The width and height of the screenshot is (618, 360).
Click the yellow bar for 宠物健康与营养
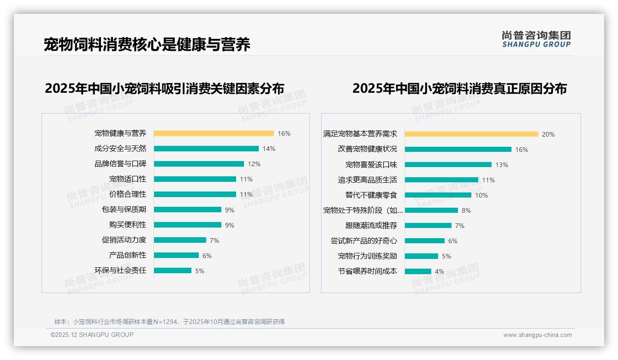(x=214, y=133)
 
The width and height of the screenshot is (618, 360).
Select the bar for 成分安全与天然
(x=206, y=149)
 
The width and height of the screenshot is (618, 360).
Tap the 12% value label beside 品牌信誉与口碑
(x=254, y=164)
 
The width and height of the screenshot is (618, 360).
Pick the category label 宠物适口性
(x=127, y=179)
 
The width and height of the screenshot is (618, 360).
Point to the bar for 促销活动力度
(x=180, y=240)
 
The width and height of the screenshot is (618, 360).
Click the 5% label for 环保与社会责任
(x=200, y=271)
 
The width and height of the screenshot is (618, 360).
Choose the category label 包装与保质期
(x=124, y=210)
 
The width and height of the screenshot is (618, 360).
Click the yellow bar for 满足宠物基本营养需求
(x=471, y=134)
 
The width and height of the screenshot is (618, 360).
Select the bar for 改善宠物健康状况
(x=458, y=150)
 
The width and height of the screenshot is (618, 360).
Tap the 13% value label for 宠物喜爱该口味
(x=502, y=165)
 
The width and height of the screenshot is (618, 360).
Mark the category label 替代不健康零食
(x=371, y=195)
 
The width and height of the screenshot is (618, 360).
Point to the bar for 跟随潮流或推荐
(x=428, y=226)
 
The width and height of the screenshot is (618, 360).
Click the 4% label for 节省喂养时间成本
(x=440, y=271)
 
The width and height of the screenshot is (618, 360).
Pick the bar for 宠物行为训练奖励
(x=422, y=256)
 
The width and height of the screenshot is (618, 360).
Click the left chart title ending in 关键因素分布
(x=164, y=88)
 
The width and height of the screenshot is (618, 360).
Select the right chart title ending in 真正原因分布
(x=459, y=88)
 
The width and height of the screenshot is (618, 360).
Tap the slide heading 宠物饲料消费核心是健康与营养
(x=147, y=45)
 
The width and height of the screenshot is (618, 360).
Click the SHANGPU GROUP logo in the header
(x=536, y=39)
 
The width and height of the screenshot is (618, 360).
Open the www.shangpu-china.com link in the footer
(x=537, y=335)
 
